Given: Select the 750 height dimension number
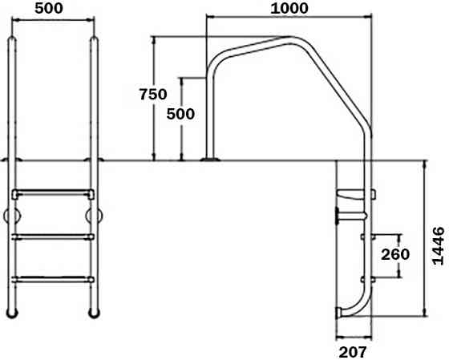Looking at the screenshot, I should tap(152, 94).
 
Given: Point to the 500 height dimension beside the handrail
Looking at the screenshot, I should tap(180, 114).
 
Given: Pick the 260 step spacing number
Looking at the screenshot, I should tap(395, 255).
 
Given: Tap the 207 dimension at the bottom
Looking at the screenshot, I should tap(353, 350).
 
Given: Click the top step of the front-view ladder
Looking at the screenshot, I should tap(53, 193).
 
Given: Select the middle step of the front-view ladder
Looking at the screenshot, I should tap(53, 237).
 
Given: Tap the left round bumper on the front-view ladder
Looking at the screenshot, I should tap(10, 216).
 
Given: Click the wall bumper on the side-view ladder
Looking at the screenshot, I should tap(337, 215).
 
